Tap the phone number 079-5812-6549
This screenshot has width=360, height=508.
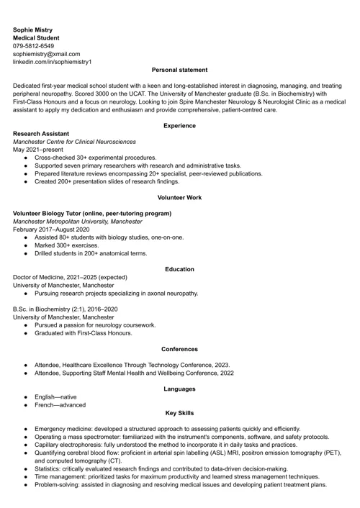(x=33, y=45)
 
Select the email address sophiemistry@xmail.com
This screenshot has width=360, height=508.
(x=47, y=54)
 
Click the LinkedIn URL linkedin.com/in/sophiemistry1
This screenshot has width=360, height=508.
(x=53, y=62)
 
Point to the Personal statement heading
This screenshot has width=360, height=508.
(x=179, y=70)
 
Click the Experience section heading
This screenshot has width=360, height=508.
(x=179, y=126)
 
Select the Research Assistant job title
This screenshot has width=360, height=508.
(x=41, y=134)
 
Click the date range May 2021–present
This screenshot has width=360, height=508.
(x=38, y=150)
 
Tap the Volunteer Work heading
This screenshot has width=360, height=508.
(x=179, y=197)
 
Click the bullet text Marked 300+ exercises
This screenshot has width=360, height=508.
(x=66, y=245)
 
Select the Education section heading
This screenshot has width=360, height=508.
(x=179, y=269)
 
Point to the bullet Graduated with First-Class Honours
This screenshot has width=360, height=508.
(x=83, y=333)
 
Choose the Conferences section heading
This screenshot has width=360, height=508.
(x=179, y=349)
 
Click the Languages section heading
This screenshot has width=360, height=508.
(x=179, y=389)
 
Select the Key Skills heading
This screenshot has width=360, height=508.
(x=179, y=414)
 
